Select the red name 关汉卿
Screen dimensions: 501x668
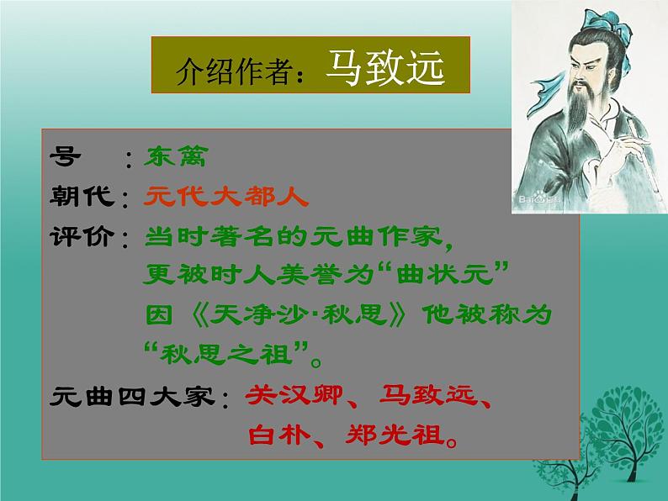click(298, 395)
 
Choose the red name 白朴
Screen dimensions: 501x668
click(278, 435)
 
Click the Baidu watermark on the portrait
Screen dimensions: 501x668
click(538, 200)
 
